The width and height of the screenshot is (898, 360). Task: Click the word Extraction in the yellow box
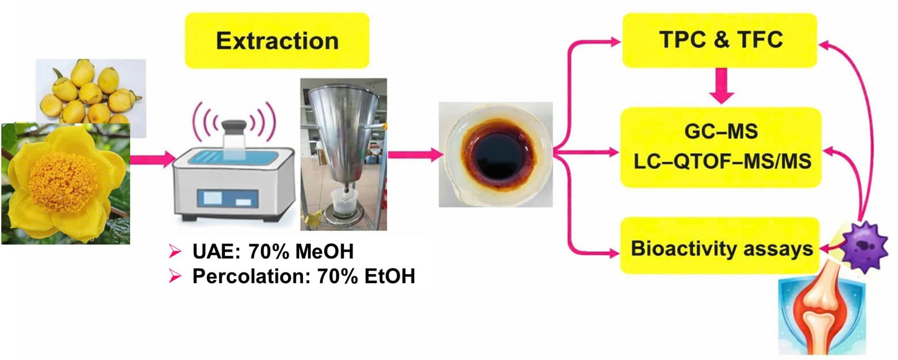click(x=277, y=41)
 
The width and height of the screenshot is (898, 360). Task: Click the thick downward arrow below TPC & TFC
click(x=722, y=85)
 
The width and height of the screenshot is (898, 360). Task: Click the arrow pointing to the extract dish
click(x=413, y=155)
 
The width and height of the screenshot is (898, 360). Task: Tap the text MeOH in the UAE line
click(x=324, y=251)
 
